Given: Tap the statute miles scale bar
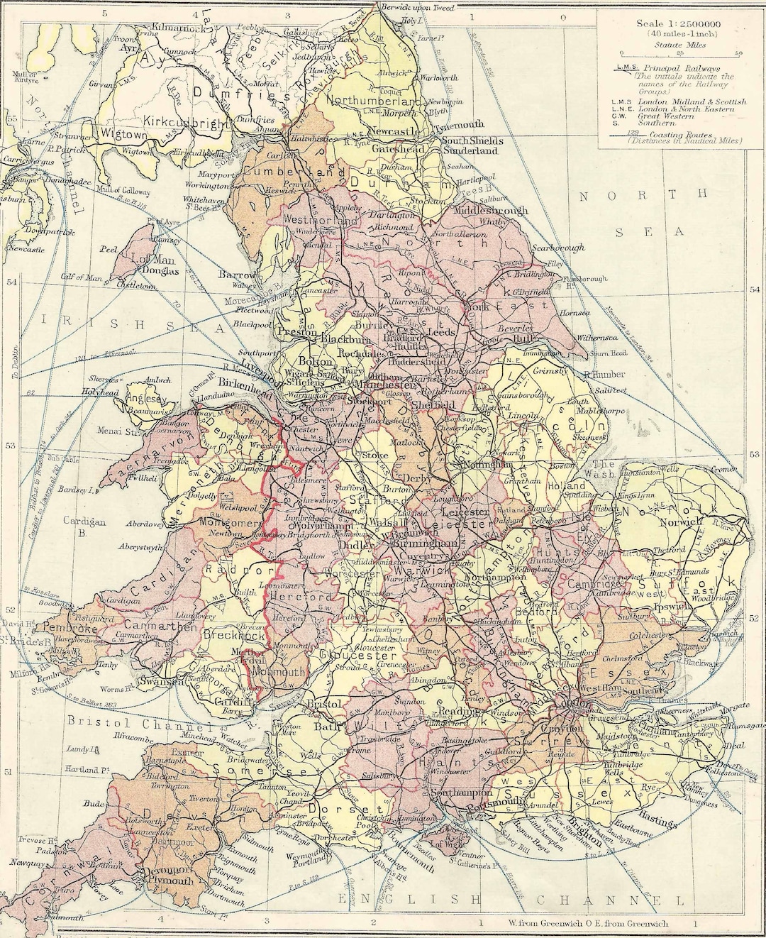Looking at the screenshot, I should pos(680,54).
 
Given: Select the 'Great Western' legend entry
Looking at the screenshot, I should pos(667,118).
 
